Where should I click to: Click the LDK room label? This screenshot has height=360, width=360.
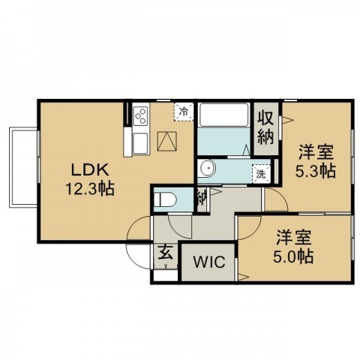point(90,169)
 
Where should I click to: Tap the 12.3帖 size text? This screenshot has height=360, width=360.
point(90,189)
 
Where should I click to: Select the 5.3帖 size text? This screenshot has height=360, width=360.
point(316,172)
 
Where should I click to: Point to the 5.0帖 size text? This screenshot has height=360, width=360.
point(293,256)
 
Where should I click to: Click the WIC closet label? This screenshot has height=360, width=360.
point(209,262)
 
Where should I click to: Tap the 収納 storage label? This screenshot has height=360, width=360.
point(265,128)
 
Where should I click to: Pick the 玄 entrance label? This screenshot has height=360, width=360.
point(165,253)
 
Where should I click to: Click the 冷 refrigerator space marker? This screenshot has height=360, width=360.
point(184,112)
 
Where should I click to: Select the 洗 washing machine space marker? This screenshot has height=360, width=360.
point(261,174)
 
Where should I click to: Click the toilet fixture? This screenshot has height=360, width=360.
point(165,199)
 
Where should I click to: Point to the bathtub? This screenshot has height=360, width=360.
point(223,115)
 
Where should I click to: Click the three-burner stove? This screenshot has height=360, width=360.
point(141,115)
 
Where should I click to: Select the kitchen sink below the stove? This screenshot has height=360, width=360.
point(140,143)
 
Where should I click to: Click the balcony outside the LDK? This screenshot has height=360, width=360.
point(23,167)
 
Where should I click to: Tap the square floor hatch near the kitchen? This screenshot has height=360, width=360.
point(167,141)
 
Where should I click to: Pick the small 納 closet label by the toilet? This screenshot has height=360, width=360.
point(202,198)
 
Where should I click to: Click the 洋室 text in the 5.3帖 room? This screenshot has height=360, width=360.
point(316,153)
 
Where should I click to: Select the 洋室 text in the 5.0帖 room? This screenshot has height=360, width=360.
point(294,238)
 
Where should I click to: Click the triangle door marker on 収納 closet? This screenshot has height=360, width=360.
point(287,121)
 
